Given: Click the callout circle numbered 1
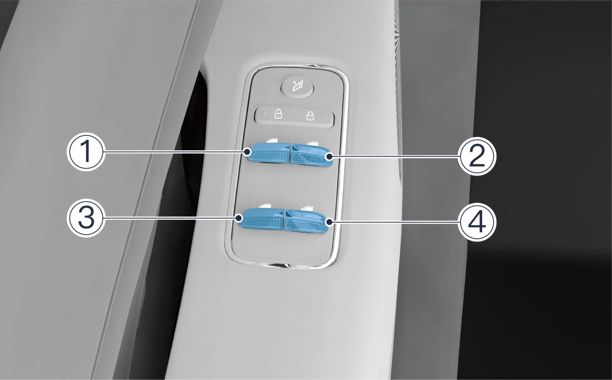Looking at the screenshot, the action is (86, 152).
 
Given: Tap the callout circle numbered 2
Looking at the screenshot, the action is (477, 157).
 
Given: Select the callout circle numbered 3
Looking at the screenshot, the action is (86, 218).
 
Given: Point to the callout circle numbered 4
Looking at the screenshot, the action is (477, 222).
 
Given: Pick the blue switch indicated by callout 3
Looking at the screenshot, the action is (261, 219).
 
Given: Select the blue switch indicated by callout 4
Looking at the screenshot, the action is (307, 221).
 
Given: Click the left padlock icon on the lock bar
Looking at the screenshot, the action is (278, 114).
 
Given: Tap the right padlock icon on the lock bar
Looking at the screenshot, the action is (310, 115).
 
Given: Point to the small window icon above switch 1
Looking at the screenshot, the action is (272, 140).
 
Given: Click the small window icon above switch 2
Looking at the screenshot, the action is (313, 143).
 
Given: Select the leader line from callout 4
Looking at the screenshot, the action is (394, 222).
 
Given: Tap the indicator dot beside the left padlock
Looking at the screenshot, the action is (264, 114).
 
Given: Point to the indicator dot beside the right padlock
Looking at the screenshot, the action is (325, 116).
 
